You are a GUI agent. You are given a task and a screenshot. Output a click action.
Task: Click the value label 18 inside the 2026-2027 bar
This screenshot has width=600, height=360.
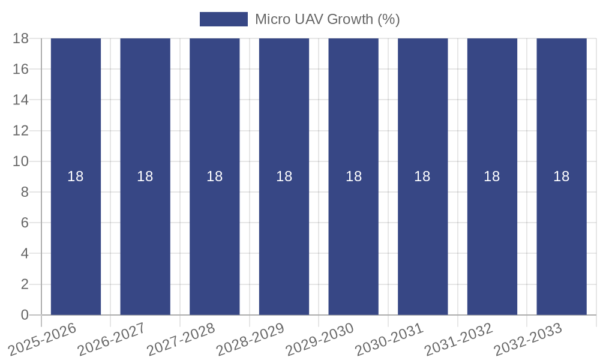pos(145,176)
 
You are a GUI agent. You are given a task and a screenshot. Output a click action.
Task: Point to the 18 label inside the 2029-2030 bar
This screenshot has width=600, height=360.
pos(353,176)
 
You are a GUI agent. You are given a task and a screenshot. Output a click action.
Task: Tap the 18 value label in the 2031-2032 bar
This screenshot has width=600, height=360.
pos(492,176)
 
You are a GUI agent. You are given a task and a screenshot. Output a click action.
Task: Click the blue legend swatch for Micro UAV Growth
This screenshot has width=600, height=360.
pos(223,19)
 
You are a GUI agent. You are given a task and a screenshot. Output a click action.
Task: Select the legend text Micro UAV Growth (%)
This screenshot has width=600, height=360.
pos(327,19)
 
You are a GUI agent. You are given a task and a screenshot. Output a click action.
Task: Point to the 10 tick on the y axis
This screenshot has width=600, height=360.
pos(21,161)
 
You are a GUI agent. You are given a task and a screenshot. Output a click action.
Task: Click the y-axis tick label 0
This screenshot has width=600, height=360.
pos(25,315)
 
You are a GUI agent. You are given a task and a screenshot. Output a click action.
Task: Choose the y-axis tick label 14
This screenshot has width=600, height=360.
pos(21,100)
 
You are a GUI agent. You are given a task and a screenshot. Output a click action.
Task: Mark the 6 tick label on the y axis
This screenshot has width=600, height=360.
pos(25,223)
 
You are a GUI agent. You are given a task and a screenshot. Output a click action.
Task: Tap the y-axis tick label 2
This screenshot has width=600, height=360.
pos(25,284)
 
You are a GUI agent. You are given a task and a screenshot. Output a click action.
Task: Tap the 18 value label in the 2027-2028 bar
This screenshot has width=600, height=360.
pos(215,176)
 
